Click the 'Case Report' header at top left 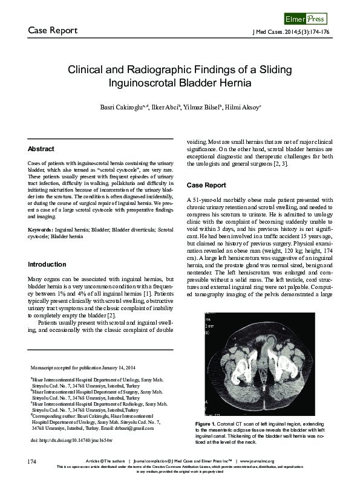click(52, 30)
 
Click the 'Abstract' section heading click(41, 149)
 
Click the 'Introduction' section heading click(47, 265)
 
